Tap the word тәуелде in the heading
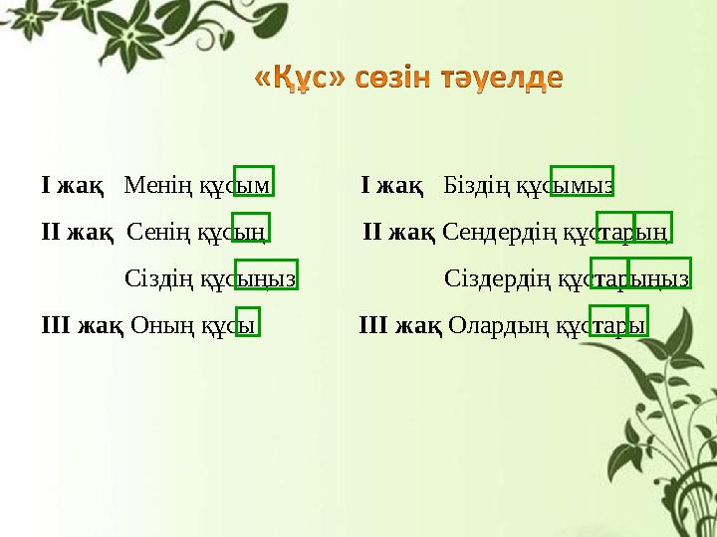pos(504,80)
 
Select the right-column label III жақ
pos(399,324)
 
